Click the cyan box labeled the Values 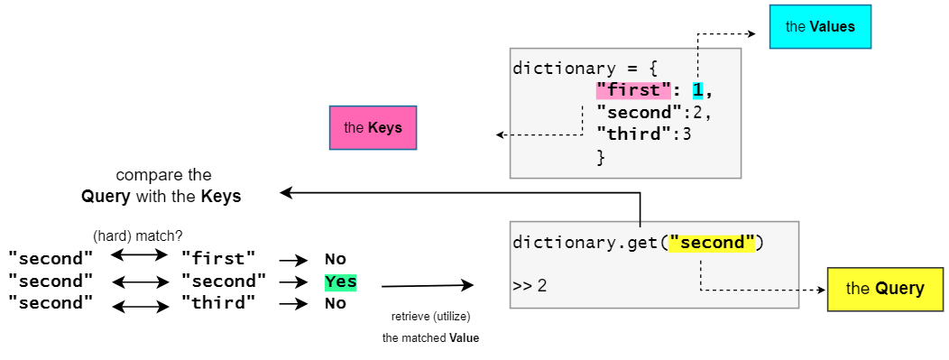pyautogui.click(x=819, y=27)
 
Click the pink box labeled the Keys pyautogui.click(x=373, y=128)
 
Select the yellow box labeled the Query pyautogui.click(x=884, y=289)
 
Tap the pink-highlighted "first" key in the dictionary pyautogui.click(x=633, y=90)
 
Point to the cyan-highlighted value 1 pyautogui.click(x=697, y=90)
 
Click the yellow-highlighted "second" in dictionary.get pyautogui.click(x=711, y=243)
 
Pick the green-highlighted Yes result pyautogui.click(x=341, y=282)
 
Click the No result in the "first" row pyautogui.click(x=336, y=260)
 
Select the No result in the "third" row pyautogui.click(x=336, y=304)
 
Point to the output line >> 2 pyautogui.click(x=530, y=286)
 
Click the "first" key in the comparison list pyautogui.click(x=218, y=260)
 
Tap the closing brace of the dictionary pyautogui.click(x=600, y=157)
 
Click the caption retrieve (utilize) pyautogui.click(x=430, y=317)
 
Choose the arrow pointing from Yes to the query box pyautogui.click(x=427, y=286)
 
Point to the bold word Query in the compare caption pyautogui.click(x=105, y=196)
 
